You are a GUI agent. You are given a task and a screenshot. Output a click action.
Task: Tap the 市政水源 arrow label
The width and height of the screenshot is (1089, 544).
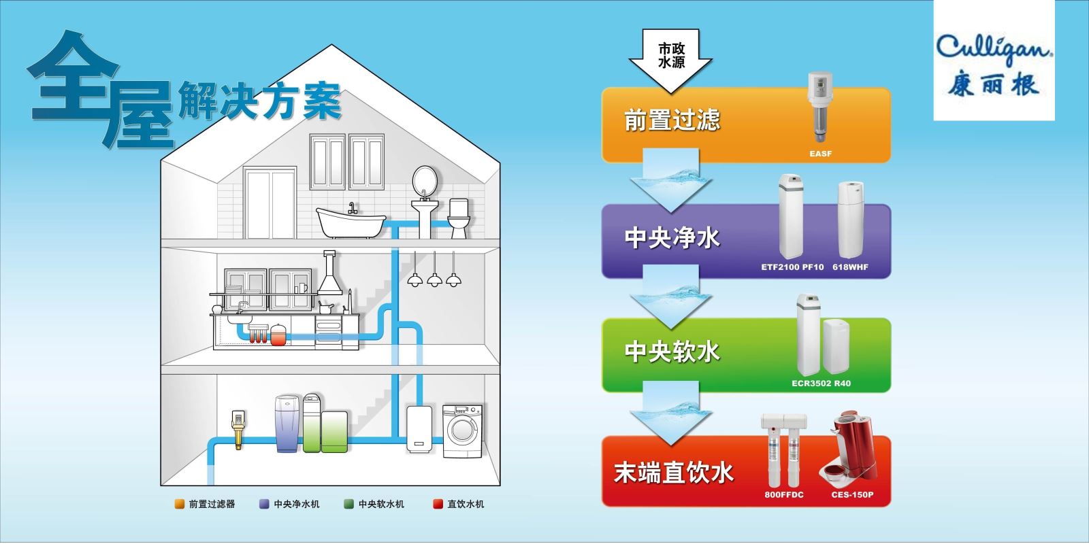point(671,56)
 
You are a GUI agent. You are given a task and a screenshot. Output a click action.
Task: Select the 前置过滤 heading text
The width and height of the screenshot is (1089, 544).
point(672,120)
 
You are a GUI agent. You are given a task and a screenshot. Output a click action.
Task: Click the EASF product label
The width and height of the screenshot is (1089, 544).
point(820,154)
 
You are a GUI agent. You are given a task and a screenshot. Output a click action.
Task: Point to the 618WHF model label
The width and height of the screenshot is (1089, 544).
point(850,267)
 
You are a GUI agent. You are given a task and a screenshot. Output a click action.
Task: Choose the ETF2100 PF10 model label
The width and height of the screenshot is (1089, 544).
point(792,267)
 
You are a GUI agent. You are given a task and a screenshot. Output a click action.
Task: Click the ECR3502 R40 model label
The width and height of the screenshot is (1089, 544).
point(821,383)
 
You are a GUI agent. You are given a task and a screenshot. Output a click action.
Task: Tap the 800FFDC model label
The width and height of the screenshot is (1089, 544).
point(783,494)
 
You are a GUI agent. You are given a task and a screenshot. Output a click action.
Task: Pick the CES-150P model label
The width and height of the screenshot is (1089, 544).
point(851,494)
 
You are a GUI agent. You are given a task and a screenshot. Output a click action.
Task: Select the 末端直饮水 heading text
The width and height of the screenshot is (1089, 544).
point(673,471)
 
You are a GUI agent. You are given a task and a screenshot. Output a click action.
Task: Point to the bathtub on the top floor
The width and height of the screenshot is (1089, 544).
point(351,222)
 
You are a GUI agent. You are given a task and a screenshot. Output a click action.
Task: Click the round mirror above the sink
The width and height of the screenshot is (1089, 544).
point(425,180)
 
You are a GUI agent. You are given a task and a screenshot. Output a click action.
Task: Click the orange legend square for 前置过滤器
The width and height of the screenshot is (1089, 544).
point(180,504)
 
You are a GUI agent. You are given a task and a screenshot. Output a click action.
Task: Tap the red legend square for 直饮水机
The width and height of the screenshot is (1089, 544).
point(438,504)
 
